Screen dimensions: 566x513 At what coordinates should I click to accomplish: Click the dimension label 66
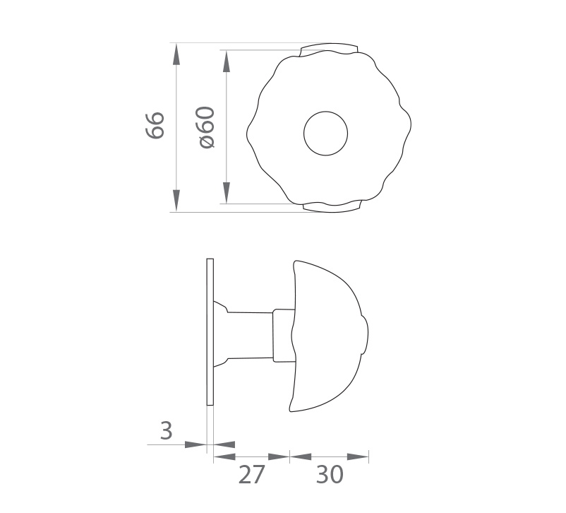(x=155, y=125)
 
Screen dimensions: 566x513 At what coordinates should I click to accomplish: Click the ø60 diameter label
(x=207, y=127)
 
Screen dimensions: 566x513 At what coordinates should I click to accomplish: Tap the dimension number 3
(x=166, y=430)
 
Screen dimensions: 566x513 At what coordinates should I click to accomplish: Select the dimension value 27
(x=252, y=475)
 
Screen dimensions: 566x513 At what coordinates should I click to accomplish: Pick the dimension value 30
(x=330, y=475)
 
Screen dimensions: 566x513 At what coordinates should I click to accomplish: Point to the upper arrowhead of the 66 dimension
(x=176, y=54)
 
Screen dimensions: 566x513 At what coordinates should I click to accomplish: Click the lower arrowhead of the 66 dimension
(x=176, y=200)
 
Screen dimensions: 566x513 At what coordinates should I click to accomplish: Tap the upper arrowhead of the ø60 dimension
(x=227, y=61)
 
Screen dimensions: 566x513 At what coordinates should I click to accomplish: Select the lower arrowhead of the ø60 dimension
(x=227, y=193)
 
